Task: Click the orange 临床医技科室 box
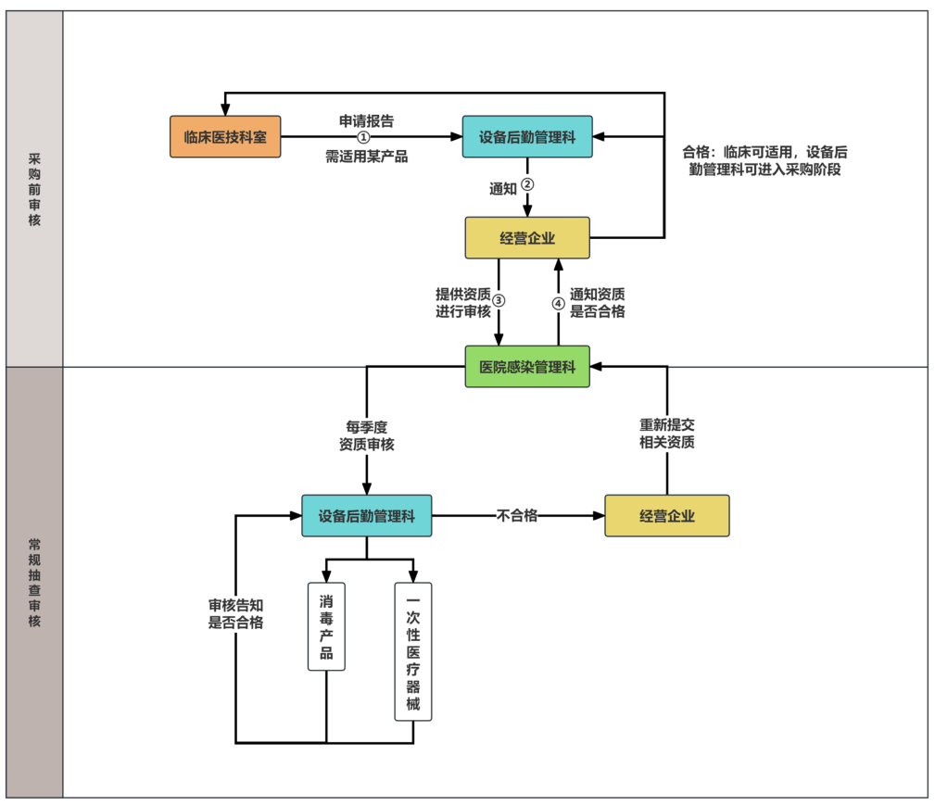pyautogui.click(x=225, y=137)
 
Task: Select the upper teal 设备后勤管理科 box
pyautogui.click(x=527, y=137)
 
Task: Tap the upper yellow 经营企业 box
pyautogui.click(x=527, y=238)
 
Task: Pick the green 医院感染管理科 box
pyautogui.click(x=527, y=367)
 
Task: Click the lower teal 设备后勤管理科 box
pyautogui.click(x=366, y=516)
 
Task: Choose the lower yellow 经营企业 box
pyautogui.click(x=666, y=516)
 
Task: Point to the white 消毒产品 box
pyautogui.click(x=326, y=626)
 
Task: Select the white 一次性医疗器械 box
pyautogui.click(x=413, y=651)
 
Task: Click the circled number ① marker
pyautogui.click(x=363, y=137)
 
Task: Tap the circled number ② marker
pyautogui.click(x=527, y=184)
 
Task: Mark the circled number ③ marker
pyautogui.click(x=499, y=301)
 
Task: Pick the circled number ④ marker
pyautogui.click(x=558, y=303)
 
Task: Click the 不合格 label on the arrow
pyautogui.click(x=517, y=515)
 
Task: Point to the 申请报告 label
pyautogui.click(x=365, y=121)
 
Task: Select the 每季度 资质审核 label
pyautogui.click(x=366, y=435)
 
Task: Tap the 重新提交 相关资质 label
pyautogui.click(x=666, y=434)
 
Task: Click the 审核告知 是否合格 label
pyautogui.click(x=235, y=613)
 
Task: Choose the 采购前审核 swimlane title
pyautogui.click(x=34, y=190)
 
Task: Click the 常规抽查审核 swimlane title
pyautogui.click(x=34, y=582)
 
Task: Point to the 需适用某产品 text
pyautogui.click(x=367, y=156)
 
